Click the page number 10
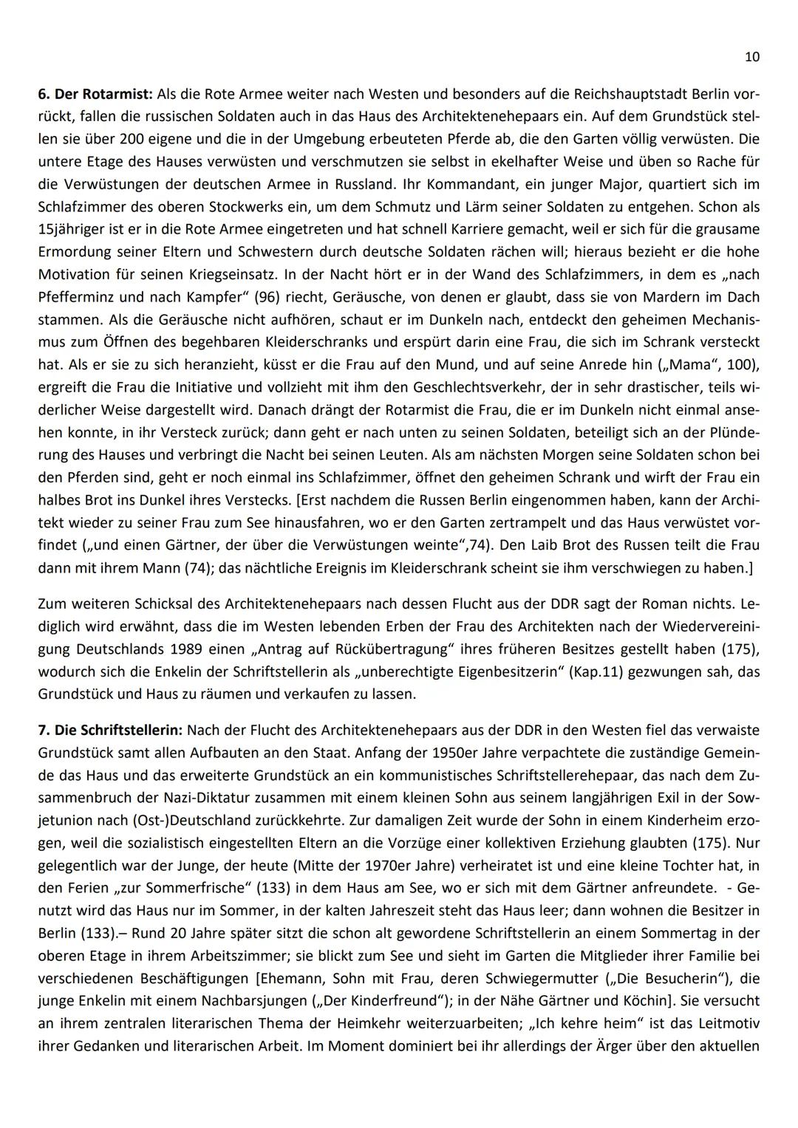(x=752, y=57)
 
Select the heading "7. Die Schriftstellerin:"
(x=110, y=730)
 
